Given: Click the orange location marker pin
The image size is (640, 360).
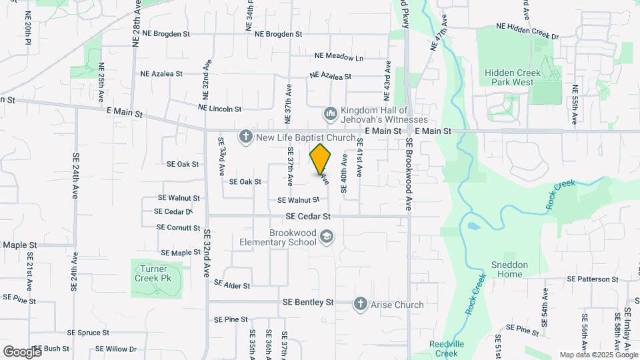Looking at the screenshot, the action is point(321,159).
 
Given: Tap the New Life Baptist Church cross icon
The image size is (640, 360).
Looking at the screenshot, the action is point(245,137).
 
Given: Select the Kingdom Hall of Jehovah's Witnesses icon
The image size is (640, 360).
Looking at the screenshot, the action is point(330,114).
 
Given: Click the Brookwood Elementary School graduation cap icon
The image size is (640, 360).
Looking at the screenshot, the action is point(326,237).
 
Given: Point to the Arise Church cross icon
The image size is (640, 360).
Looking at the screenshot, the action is point(361,304).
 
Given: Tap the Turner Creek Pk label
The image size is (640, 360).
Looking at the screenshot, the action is point(156,273).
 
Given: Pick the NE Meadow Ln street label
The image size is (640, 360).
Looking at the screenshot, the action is point(340,58).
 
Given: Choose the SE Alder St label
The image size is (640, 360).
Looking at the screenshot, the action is point(231,285).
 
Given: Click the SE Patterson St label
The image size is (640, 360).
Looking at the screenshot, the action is point(593,279).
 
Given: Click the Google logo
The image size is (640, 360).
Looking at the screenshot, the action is point(22,351).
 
